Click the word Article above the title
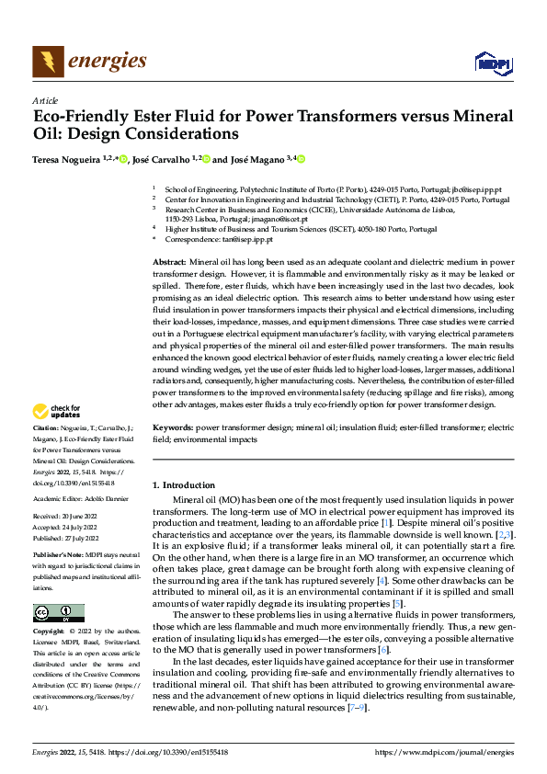click(x=45, y=99)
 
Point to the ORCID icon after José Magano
click(x=300, y=159)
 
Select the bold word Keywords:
click(x=172, y=428)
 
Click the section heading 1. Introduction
click(x=182, y=484)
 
